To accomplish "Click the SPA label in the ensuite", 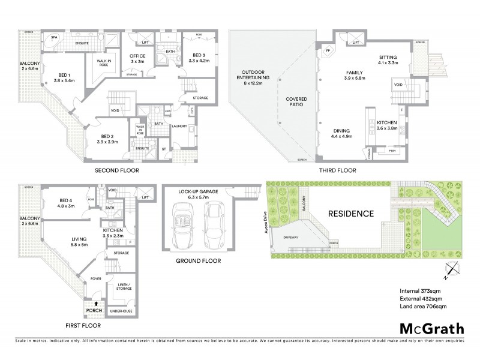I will coord(54,37).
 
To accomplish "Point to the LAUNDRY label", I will coord(178,126).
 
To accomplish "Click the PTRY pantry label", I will coord(392,151).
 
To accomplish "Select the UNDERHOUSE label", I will coord(121,311).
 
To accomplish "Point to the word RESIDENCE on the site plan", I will coord(351,214).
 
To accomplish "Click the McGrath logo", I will coord(431,328).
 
